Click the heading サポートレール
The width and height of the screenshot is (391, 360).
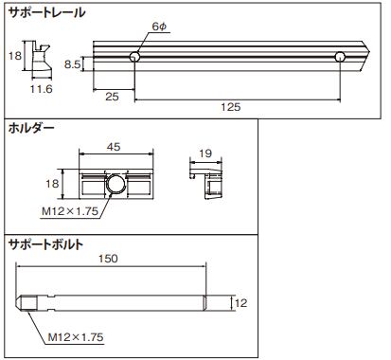pyautogui.click(x=46, y=12)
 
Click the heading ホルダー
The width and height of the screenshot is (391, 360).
pyautogui.click(x=31, y=129)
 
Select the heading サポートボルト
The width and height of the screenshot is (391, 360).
pyautogui.click(x=46, y=244)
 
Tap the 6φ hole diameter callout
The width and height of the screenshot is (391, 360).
pyautogui.click(x=159, y=27)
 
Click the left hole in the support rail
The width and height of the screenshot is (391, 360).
pyautogui.click(x=135, y=57)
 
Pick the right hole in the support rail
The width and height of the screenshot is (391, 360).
pyautogui.click(x=340, y=57)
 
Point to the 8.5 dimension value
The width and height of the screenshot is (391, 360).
pyautogui.click(x=73, y=64)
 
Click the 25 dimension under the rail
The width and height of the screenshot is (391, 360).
pyautogui.click(x=112, y=97)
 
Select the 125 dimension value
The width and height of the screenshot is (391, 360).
pyautogui.click(x=230, y=107)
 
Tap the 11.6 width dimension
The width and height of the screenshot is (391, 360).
pyautogui.click(x=41, y=89)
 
